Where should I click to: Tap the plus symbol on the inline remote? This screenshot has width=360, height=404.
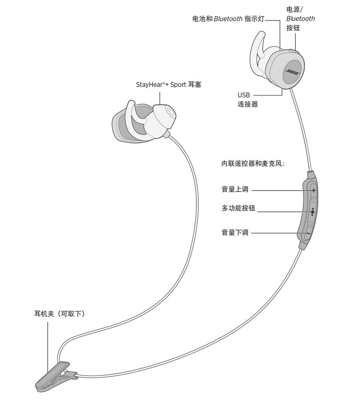[313, 191]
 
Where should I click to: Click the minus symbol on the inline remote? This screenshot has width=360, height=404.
[308, 234]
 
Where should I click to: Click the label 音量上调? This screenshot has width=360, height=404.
[235, 189]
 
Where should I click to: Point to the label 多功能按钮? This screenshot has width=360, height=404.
[238, 208]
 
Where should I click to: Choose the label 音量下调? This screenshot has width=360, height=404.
[235, 232]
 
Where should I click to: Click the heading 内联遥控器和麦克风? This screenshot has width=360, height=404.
[253, 163]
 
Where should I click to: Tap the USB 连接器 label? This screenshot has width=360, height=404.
[248, 100]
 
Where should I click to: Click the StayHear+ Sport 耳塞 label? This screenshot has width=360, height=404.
[168, 84]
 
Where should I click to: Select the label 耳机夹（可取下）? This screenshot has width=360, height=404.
[60, 314]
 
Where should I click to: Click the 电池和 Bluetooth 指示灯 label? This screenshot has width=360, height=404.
[228, 19]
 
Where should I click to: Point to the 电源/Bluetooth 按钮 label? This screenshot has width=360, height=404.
[300, 19]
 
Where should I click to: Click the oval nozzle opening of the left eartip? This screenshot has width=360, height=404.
[170, 112]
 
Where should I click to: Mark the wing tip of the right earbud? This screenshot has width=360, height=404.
[261, 34]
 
